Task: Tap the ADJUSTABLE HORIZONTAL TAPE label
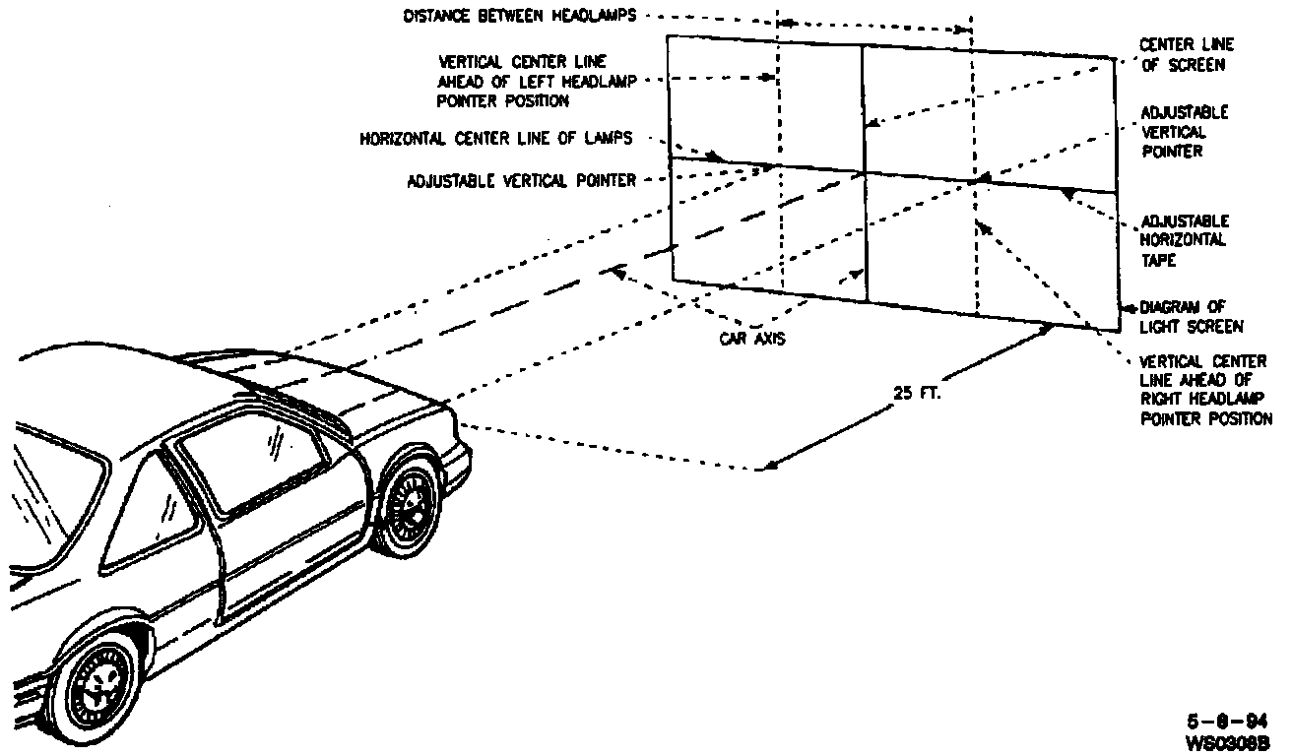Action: click(1185, 239)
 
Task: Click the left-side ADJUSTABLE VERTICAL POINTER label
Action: click(521, 180)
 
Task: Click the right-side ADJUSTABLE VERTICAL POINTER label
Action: click(1185, 132)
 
